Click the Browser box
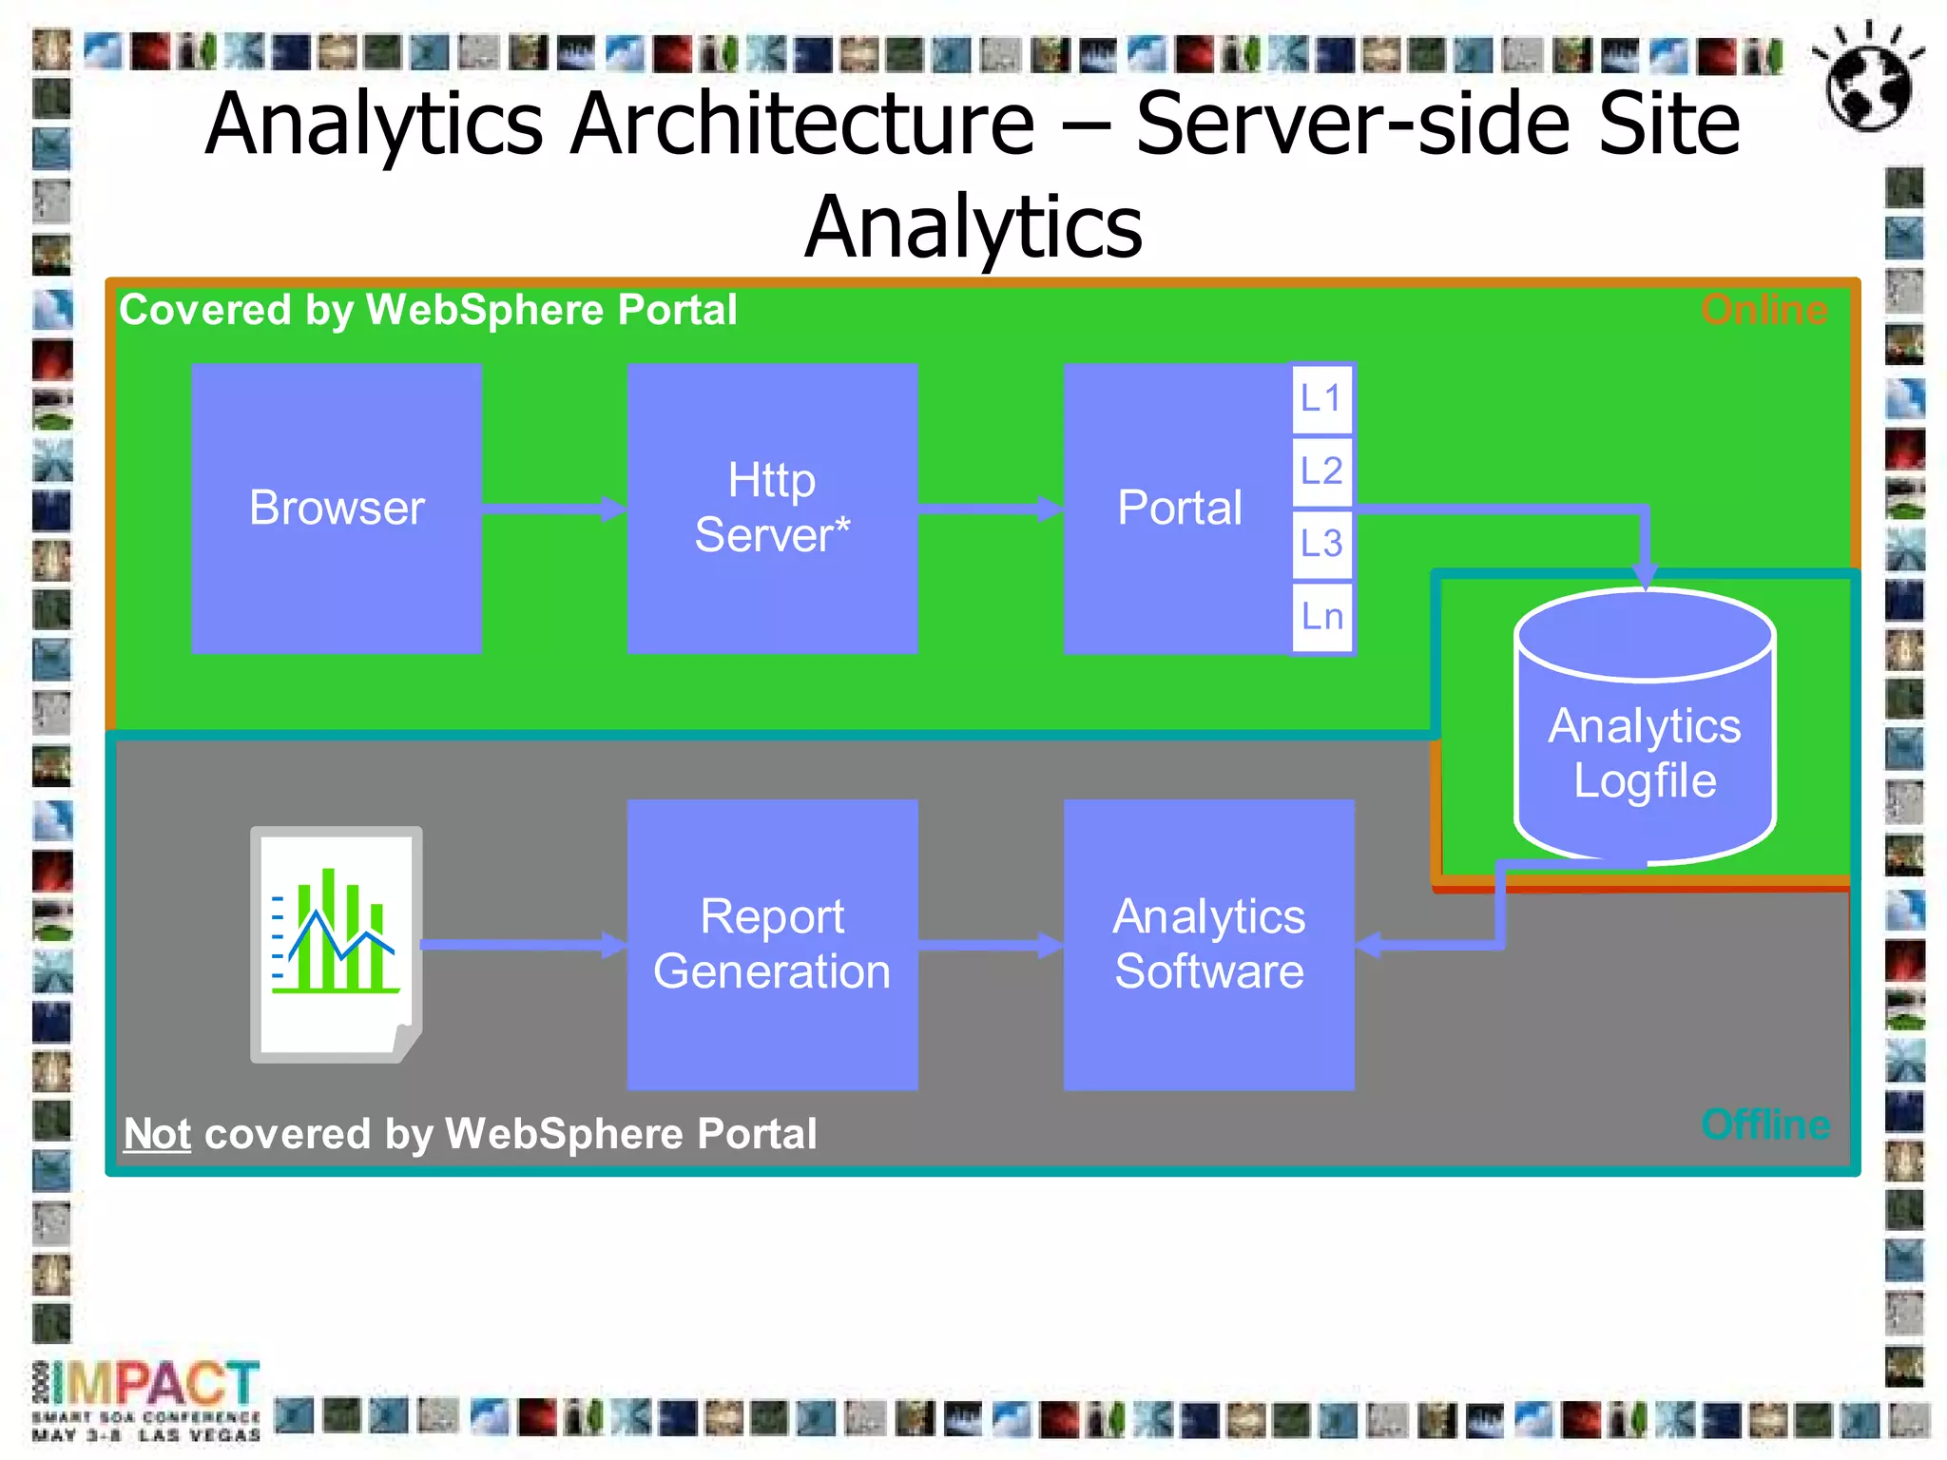pos(337,508)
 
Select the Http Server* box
pos(772,508)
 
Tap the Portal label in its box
pos(1179,508)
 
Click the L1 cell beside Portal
pos(1321,398)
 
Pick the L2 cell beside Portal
pos(1321,471)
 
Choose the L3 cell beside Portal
pos(1321,544)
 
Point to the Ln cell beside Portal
pos(1321,617)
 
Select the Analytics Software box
pos(1208,944)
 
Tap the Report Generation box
pos(772,944)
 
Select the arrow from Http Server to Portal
pos(990,509)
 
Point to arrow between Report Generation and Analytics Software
pos(990,945)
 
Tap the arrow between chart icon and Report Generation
pos(523,945)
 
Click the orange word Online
pos(1764,311)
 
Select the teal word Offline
pos(1765,1124)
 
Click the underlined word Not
pos(158,1134)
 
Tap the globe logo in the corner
pos(1868,80)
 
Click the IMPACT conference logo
pos(147,1397)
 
